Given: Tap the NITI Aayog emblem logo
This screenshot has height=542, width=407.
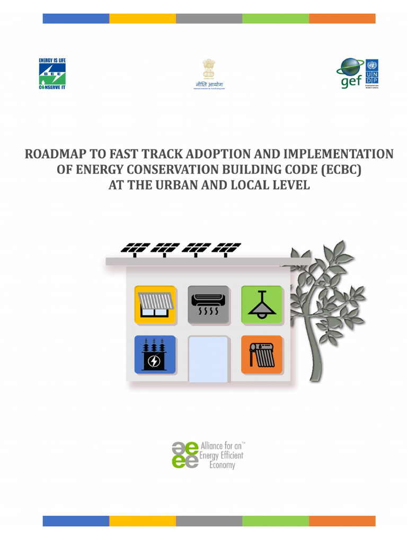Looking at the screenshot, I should click(209, 74).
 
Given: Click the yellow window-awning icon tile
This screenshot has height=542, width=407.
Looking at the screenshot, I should click(155, 304).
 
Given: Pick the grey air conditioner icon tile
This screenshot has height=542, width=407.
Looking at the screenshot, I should click(208, 304).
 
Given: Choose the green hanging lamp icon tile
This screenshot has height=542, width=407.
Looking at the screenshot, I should click(262, 304).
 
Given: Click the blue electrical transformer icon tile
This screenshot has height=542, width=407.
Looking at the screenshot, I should click(155, 354).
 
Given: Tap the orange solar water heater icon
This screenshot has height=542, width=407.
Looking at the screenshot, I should click(262, 354).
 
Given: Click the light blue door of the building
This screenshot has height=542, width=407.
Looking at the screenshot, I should click(209, 358).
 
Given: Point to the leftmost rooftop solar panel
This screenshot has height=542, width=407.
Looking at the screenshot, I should click(135, 248).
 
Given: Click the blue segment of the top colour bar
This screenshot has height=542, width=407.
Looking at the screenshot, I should click(76, 19).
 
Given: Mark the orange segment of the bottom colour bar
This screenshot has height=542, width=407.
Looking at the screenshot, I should click(342, 521).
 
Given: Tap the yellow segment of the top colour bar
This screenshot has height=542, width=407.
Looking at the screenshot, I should click(143, 19).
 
